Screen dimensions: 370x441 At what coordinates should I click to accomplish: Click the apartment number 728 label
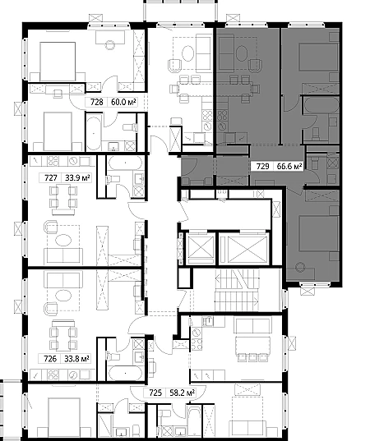coord(96,102)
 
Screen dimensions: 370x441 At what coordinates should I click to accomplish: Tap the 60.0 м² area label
coord(123,102)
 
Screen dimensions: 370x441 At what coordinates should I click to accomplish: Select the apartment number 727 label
coord(51,178)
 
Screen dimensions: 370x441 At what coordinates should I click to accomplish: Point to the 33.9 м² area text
coord(77,178)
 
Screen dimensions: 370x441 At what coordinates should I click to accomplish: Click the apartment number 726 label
coord(50,359)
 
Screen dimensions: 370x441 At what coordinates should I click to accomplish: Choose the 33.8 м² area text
coord(76,359)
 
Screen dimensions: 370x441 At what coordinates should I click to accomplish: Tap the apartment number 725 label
coord(155,393)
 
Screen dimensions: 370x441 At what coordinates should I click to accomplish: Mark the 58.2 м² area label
coord(183,393)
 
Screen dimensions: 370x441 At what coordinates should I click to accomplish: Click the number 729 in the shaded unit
coord(262,167)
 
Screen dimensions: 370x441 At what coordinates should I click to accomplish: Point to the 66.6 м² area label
coord(289,167)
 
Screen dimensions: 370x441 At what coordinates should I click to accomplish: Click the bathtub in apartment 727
coord(125,163)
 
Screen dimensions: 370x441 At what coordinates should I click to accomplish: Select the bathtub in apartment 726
coord(125,373)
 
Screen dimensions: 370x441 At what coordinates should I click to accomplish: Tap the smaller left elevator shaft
coord(201,247)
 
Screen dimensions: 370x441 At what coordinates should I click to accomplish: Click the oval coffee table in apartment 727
coord(63,241)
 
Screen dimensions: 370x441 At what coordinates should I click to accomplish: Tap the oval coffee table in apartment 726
coord(63,296)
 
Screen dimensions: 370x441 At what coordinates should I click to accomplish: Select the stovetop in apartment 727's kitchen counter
coord(53,161)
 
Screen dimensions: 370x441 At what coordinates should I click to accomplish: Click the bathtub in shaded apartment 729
coord(321,105)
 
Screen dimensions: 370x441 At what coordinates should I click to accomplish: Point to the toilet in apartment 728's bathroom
coord(130,127)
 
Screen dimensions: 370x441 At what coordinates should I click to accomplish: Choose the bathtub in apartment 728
coord(94,132)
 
